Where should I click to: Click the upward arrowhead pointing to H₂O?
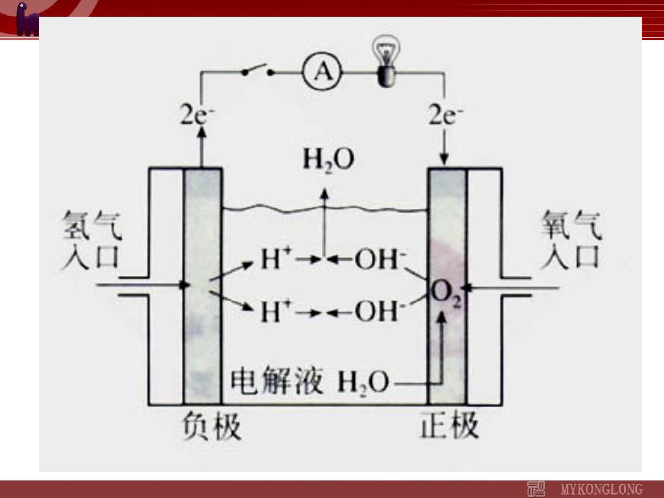[324, 194]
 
